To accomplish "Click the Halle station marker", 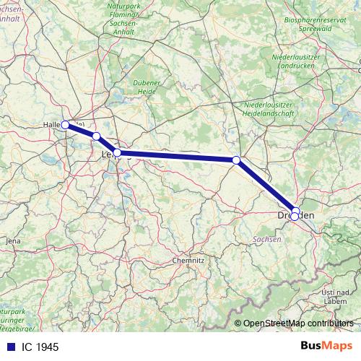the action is tap(65, 124).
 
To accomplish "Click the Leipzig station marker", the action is tap(117, 152).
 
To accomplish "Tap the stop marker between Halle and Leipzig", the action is tap(96, 136).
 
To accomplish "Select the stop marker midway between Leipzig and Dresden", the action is tap(236, 160).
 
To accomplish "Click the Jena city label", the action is tap(13, 240).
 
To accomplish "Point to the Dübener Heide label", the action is tap(147, 87).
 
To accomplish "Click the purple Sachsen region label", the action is tap(268, 238).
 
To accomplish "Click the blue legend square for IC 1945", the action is tap(10, 347).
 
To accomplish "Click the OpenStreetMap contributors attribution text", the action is tap(298, 323).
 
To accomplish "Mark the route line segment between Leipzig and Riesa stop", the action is tap(177, 156).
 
